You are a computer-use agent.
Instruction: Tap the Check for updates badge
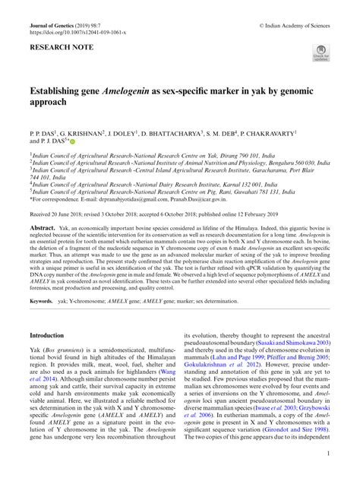pyautogui.click(x=317, y=52)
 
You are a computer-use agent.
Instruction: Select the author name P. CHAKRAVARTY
pyautogui.click(x=288, y=132)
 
